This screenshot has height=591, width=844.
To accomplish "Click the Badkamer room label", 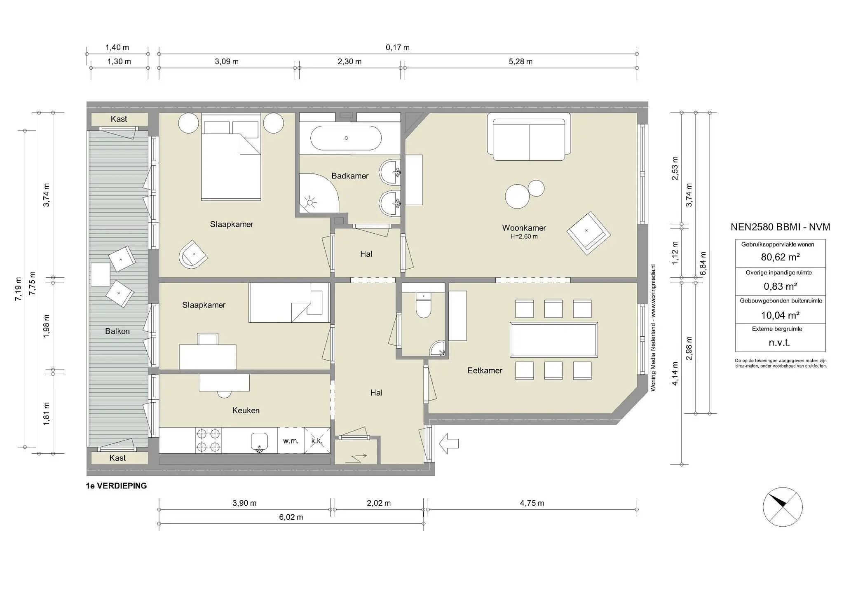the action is coord(350,176).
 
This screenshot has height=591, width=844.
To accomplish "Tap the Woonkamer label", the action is coord(524,228).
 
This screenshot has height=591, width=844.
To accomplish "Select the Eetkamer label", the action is coord(485,371).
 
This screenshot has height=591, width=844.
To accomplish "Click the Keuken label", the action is coord(246,410).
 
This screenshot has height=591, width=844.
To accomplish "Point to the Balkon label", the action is coord(117,331).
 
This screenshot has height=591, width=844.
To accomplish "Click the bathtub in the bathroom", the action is coord(346,138).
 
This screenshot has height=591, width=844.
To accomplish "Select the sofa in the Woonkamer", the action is coord(529,137).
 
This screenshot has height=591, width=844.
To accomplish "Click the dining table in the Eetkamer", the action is coord(553,340).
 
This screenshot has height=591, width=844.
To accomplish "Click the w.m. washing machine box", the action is coord(291,441).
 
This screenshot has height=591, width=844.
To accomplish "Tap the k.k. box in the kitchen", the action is coord(317,441).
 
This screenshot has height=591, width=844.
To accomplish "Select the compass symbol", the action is coord(783,507).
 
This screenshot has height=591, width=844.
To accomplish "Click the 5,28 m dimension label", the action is coord(520,62).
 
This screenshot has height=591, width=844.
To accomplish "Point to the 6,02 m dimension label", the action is coord(291,517).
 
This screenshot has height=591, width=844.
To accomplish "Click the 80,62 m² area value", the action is coord(780,257).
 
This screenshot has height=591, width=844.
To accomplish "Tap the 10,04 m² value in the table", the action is coord(780,315).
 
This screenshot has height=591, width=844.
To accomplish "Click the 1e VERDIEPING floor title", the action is coord(116,486).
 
